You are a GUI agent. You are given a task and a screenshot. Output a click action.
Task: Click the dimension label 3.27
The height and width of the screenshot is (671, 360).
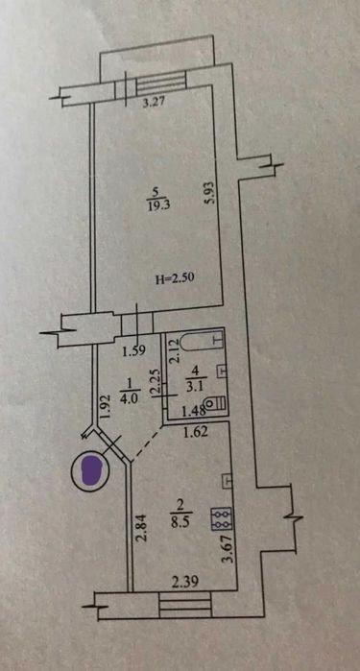155,102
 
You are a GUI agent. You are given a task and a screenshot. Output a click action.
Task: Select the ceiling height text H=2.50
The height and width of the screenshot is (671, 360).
175,279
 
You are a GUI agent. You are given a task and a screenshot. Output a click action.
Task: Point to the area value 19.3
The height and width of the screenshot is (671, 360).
159,204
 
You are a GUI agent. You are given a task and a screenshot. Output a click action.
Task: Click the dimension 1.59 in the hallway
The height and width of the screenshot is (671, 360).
134,351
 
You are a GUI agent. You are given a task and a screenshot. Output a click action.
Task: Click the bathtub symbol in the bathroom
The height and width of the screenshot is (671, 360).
203,342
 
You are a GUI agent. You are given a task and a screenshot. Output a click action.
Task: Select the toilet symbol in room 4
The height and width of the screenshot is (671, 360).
215,403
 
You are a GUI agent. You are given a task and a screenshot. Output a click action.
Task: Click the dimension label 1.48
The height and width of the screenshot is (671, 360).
193,412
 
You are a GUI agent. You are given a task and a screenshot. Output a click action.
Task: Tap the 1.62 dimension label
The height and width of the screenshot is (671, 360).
195,432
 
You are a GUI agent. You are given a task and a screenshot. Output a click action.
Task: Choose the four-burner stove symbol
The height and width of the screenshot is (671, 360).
222,518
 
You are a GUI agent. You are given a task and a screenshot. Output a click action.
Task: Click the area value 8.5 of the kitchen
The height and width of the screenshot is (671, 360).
182,523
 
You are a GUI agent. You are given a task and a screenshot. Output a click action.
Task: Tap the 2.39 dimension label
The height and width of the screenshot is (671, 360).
185,582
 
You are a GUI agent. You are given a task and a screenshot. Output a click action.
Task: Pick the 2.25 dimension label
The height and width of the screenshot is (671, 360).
156,384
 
